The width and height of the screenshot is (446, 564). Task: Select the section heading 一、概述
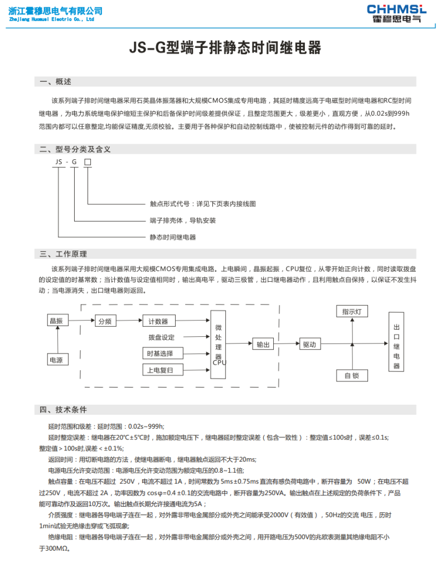coord(56,82)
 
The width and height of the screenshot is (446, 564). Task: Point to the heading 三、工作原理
coord(64,254)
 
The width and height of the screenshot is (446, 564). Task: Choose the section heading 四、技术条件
coord(64,410)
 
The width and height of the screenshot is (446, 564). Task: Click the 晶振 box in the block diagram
coord(56,321)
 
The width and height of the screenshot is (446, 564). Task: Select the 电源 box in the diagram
coord(56,360)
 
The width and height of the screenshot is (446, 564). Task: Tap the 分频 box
coord(105,321)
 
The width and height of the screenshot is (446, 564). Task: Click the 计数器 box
coord(158,321)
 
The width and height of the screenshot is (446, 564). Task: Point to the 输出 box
coord(263,345)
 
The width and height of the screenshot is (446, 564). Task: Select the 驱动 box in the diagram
coord(309,345)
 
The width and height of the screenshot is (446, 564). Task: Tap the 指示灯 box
coord(352,312)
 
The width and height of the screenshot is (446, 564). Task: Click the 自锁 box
coord(352,375)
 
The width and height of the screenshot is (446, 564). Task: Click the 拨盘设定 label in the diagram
coord(161,337)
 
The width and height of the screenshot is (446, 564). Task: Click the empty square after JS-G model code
coord(87,162)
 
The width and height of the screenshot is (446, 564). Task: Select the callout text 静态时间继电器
coord(173,237)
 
